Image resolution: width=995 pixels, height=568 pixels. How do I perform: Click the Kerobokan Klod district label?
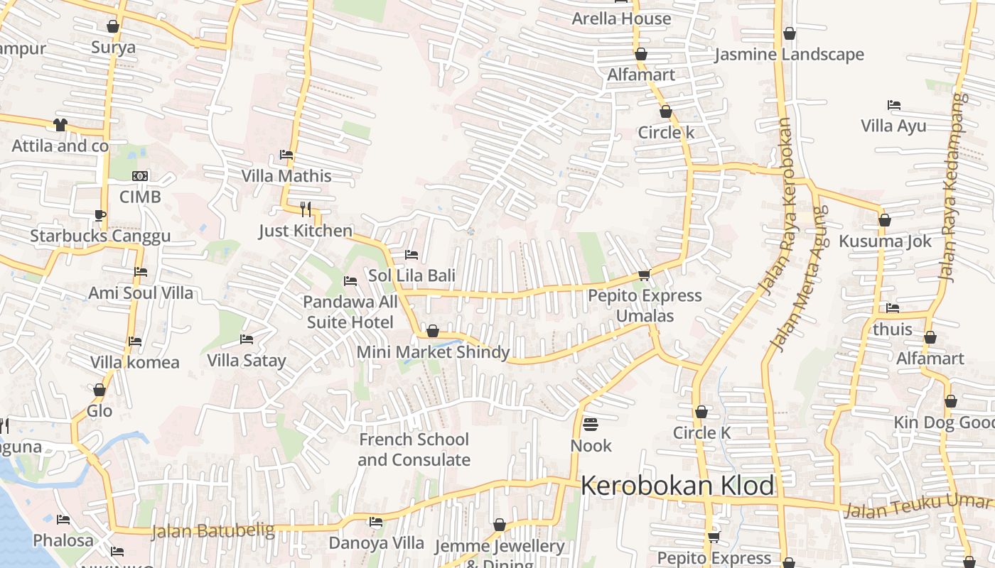point(677,486)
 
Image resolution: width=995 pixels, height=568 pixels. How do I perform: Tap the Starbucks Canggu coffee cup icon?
point(100,215)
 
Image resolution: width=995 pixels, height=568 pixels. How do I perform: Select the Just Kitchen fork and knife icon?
point(306,209)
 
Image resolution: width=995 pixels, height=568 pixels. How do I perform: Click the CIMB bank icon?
point(140,175)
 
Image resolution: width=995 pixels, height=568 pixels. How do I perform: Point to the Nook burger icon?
point(591,425)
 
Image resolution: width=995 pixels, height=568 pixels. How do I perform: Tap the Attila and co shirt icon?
point(60,125)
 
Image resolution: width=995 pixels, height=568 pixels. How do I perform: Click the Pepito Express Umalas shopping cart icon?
point(644,275)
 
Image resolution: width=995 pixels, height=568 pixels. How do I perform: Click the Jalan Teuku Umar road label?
point(917,506)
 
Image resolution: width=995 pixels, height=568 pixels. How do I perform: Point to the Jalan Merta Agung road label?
point(800,278)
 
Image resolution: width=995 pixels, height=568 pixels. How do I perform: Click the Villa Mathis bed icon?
point(286,154)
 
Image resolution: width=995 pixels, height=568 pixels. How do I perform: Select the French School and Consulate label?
point(414,449)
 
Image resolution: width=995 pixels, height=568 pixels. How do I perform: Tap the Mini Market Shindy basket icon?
point(432,331)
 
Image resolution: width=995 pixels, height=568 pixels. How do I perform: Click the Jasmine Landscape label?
point(789,54)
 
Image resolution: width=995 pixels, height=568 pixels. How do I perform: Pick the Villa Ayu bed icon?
point(894,105)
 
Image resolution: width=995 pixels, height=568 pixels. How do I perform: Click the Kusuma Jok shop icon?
point(885,220)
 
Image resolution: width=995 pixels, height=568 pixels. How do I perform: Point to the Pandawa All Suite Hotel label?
point(350,312)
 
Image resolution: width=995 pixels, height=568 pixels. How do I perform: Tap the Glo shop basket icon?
point(99,390)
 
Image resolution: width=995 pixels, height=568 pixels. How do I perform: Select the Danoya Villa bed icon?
point(376,522)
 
